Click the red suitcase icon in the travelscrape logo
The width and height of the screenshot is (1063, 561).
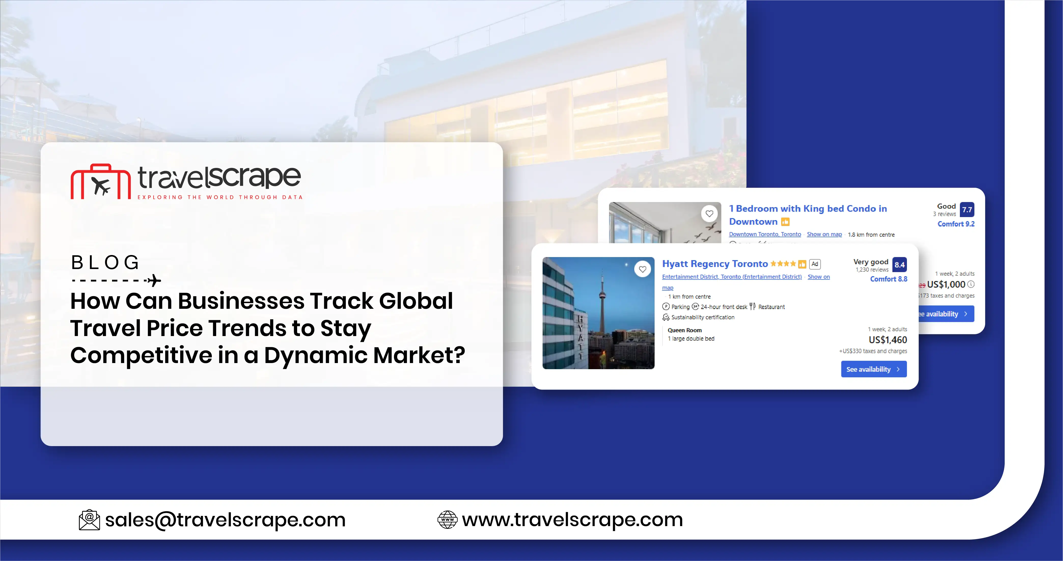(101, 182)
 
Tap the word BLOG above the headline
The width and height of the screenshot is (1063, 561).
(105, 263)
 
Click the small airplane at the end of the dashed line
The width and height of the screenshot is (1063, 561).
(154, 280)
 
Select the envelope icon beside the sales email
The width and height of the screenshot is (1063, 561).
(89, 520)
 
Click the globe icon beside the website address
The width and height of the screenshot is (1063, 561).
(447, 520)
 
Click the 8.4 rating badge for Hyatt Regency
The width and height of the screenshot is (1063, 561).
(899, 265)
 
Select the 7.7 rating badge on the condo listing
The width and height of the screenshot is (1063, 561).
(967, 209)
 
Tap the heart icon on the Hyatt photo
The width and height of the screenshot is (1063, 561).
(642, 269)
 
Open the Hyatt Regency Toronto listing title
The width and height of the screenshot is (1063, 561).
(715, 264)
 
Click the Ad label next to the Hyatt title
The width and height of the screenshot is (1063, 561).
(814, 264)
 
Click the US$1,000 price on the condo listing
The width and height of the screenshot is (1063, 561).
(946, 284)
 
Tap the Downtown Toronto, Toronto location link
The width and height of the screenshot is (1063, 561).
(765, 234)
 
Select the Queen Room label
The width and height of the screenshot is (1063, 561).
(685, 330)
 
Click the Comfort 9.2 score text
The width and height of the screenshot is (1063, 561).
(956, 224)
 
